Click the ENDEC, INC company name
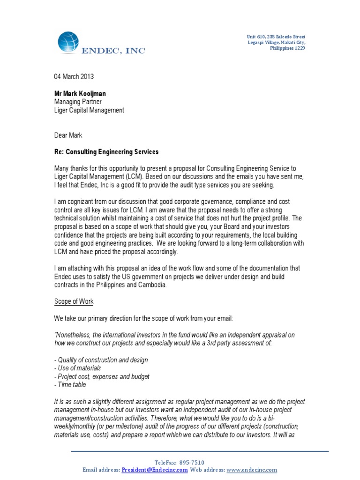[x=113, y=51]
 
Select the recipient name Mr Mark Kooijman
[x=80, y=94]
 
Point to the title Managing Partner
[x=78, y=102]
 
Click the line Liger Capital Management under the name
[x=89, y=110]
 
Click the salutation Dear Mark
[x=68, y=135]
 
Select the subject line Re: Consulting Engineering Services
[x=106, y=152]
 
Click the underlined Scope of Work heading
[x=74, y=302]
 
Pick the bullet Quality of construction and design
[x=102, y=360]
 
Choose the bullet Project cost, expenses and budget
[x=103, y=377]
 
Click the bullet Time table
[x=70, y=385]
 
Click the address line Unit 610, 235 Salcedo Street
[x=276, y=37]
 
